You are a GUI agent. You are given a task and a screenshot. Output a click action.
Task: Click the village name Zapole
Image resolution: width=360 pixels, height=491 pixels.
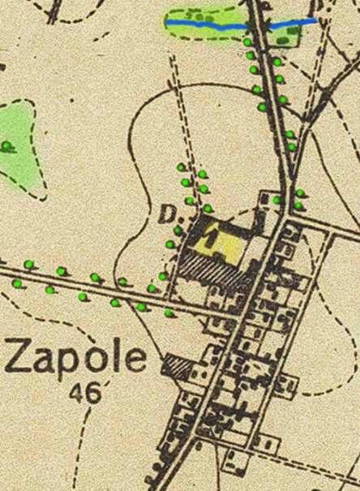[x=77, y=358]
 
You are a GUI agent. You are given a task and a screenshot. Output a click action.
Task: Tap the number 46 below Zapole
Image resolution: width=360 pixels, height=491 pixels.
[x=86, y=394]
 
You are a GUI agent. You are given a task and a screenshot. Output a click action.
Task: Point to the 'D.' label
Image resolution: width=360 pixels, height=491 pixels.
[x=168, y=215]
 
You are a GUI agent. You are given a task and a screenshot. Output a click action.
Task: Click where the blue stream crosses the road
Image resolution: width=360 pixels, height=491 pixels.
[x=259, y=28]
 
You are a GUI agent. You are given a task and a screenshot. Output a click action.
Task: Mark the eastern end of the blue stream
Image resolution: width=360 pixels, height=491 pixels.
[x=315, y=19]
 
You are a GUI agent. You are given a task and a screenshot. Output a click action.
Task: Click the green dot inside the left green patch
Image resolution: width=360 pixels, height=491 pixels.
[x=7, y=146]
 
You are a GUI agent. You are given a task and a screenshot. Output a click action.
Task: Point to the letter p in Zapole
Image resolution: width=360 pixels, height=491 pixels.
[x=71, y=363]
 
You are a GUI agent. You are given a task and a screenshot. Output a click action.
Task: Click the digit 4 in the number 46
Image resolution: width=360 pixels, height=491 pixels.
[x=79, y=394]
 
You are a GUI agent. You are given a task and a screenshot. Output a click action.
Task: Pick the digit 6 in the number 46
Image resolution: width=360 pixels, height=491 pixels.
[x=94, y=394]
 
